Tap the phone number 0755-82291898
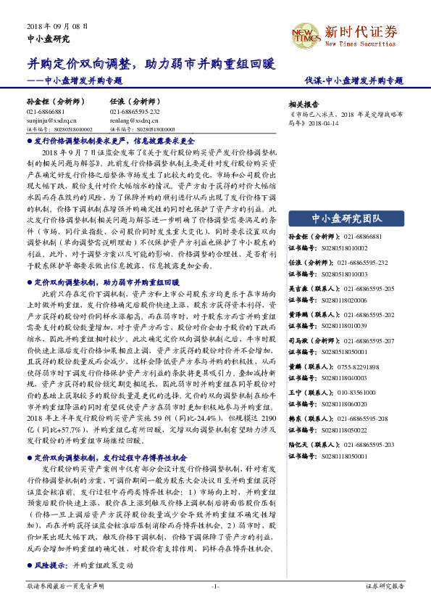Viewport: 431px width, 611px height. [357, 367]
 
